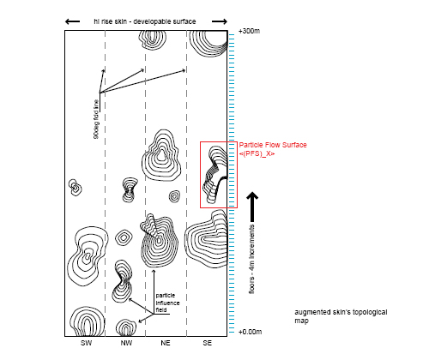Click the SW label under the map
pyautogui.click(x=86, y=343)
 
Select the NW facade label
pyautogui.click(x=126, y=343)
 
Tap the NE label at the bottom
pyautogui.click(x=166, y=343)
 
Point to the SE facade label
pyautogui.click(x=208, y=343)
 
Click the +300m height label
pyautogui.click(x=249, y=31)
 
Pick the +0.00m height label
pyautogui.click(x=250, y=332)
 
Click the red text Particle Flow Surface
pyautogui.click(x=273, y=145)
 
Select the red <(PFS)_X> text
pyautogui.click(x=257, y=153)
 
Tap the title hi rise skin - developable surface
pyautogui.click(x=145, y=21)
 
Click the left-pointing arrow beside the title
pyautogui.click(x=72, y=21)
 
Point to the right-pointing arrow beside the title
pyautogui.click(x=220, y=21)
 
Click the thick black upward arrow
pyautogui.click(x=252, y=207)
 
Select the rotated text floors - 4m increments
pyautogui.click(x=251, y=259)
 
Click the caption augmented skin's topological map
pyautogui.click(x=341, y=316)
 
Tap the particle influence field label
pyautogui.click(x=167, y=303)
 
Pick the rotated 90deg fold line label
pyautogui.click(x=96, y=119)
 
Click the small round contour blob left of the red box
pyautogui.click(x=174, y=196)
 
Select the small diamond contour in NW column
pyautogui.click(x=124, y=237)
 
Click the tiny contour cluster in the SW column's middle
pyautogui.click(x=76, y=188)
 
